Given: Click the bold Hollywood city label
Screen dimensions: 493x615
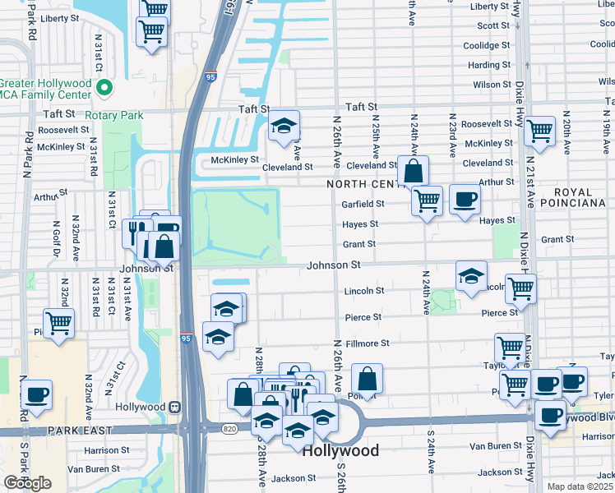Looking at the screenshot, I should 340,451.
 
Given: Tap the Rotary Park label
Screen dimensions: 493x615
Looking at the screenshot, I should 113,116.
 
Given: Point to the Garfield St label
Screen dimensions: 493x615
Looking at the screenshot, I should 363,204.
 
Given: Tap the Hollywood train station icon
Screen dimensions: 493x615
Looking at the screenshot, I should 174,407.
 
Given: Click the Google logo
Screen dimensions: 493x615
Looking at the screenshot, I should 27,483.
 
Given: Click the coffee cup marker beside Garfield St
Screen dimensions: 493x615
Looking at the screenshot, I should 465,199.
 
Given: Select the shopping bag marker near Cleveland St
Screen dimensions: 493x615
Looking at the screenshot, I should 414,171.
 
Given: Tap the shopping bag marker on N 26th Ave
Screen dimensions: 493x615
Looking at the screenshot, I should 368,379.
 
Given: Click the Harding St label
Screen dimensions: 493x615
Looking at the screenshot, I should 488,66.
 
